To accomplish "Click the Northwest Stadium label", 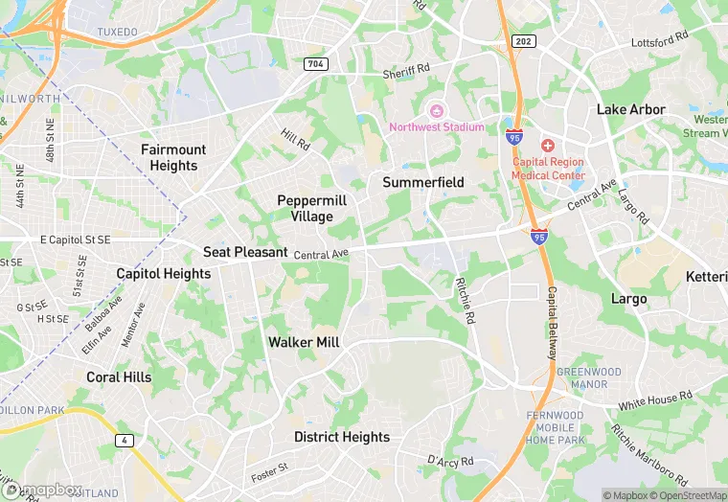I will pos(436,126).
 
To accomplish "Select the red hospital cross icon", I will pos(548,146).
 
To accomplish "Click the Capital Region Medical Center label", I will pos(548,169).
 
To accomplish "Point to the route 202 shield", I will pos(523,41).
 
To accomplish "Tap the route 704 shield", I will pos(316,64).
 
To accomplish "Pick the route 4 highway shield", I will pos(124,440).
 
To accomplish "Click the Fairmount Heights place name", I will pos(173,157).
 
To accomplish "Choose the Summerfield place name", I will pos(423,182).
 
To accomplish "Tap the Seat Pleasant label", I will pos(245,252).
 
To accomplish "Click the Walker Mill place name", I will pos(304,342).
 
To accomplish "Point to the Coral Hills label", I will pos(119,377).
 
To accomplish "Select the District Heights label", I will pos(342,437).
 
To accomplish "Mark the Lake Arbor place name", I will pos(631,109).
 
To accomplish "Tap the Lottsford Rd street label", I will pos(660,40).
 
